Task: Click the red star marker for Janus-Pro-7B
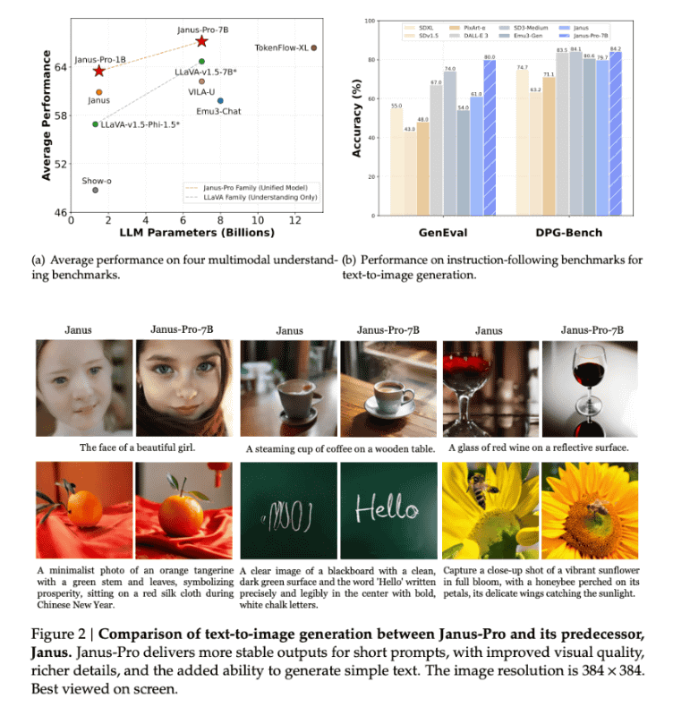click(201, 41)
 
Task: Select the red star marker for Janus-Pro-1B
click(98, 71)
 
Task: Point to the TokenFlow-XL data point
click(313, 47)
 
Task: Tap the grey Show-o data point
click(96, 190)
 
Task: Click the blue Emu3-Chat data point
click(220, 100)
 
